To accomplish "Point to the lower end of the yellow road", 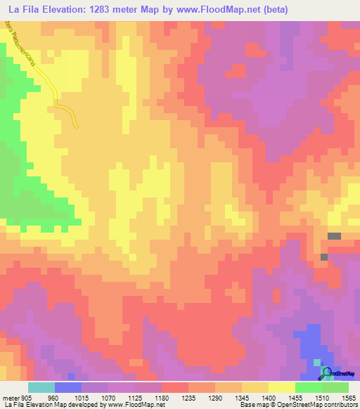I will click(x=77, y=126).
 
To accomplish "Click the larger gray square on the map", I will click(x=334, y=237).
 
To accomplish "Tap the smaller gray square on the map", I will click(x=323, y=257).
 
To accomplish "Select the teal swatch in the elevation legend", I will click(x=41, y=387).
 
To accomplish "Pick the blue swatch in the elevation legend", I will click(x=68, y=387).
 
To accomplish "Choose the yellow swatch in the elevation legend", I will click(x=282, y=387).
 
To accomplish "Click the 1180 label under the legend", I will click(x=162, y=397).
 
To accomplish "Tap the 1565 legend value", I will click(x=349, y=397).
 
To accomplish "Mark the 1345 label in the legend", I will click(x=242, y=397).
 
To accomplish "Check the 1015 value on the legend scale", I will click(x=82, y=397).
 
